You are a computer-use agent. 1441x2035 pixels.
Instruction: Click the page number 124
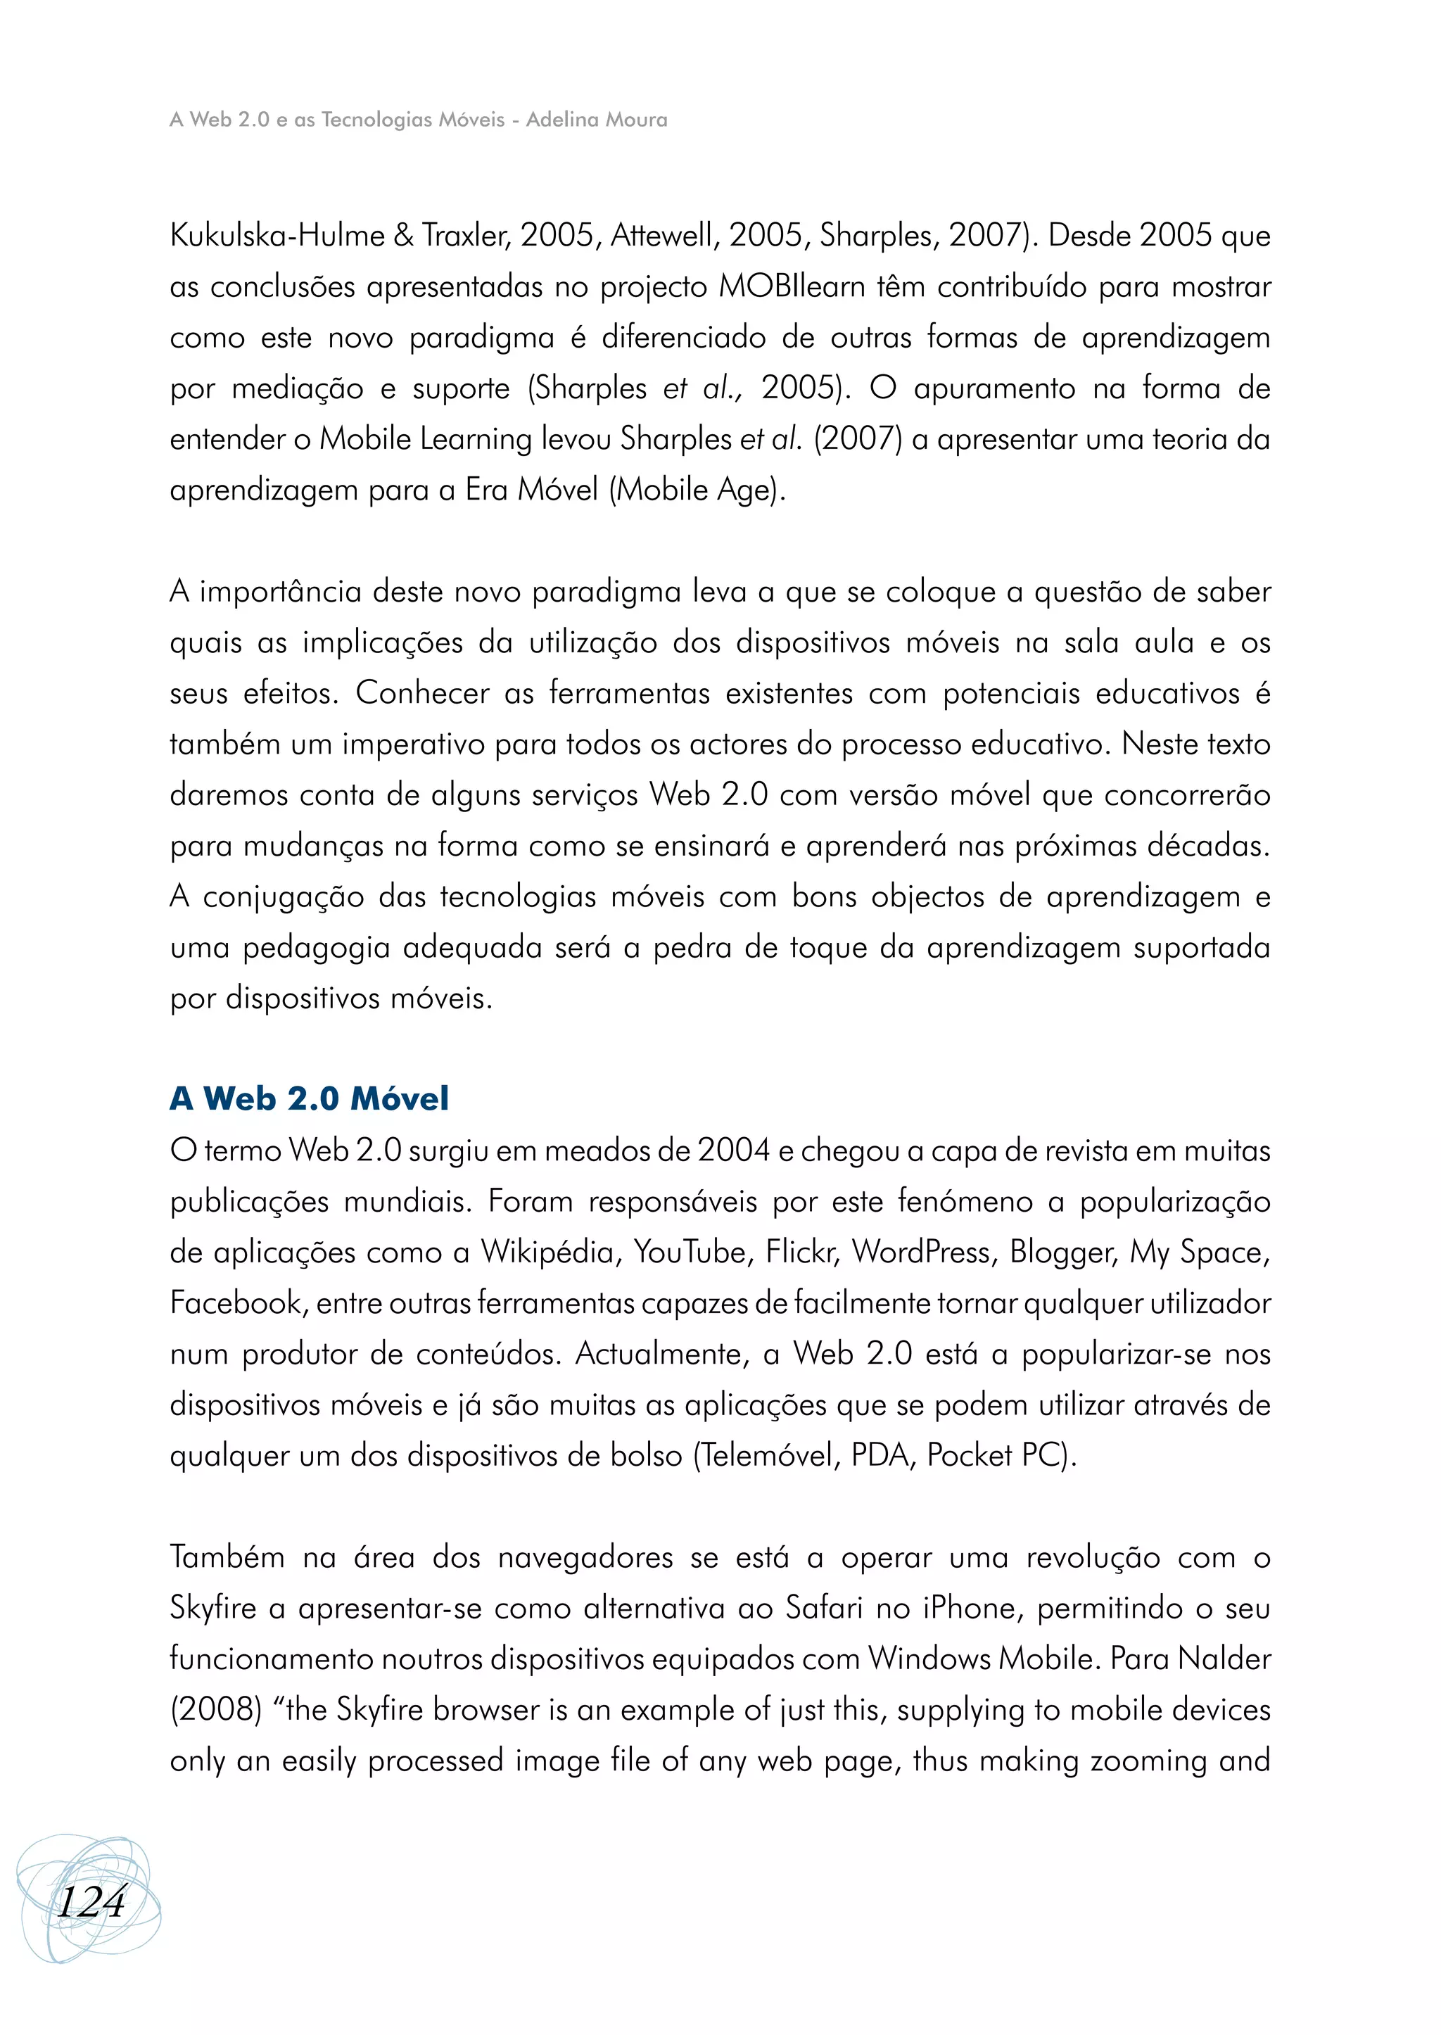[x=91, y=1902]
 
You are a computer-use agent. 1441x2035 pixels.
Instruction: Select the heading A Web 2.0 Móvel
[x=309, y=1098]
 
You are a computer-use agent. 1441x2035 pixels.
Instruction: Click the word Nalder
[x=1224, y=1659]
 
